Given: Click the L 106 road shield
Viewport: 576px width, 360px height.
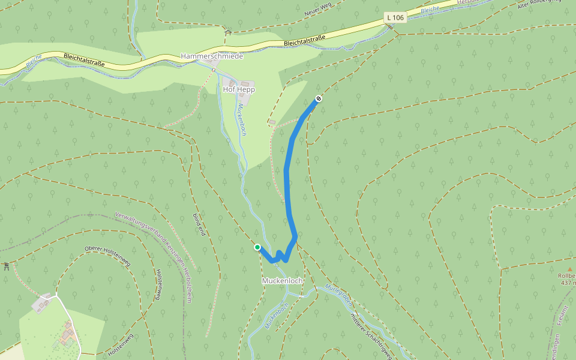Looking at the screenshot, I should [x=395, y=18].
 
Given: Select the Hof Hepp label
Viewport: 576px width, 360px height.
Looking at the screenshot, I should [x=239, y=89].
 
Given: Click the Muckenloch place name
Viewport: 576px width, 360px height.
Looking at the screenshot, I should [x=282, y=281].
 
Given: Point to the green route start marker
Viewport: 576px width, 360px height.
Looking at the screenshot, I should [x=257, y=247].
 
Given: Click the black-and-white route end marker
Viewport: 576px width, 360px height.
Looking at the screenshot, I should [x=319, y=99].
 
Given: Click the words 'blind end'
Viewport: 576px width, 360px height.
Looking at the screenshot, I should [x=199, y=224].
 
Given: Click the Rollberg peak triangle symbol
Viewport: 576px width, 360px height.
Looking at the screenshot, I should [x=571, y=271].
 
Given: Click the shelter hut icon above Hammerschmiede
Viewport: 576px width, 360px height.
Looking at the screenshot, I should [x=227, y=33].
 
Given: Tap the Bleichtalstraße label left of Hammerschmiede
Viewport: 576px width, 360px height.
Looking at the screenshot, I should [x=83, y=59].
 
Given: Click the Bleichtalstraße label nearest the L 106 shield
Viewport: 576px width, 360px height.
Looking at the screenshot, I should [x=304, y=41].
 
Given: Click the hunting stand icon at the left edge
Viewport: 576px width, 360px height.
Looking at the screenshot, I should [x=5, y=265].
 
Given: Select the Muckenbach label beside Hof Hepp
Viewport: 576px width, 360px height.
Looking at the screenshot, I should [x=242, y=119].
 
